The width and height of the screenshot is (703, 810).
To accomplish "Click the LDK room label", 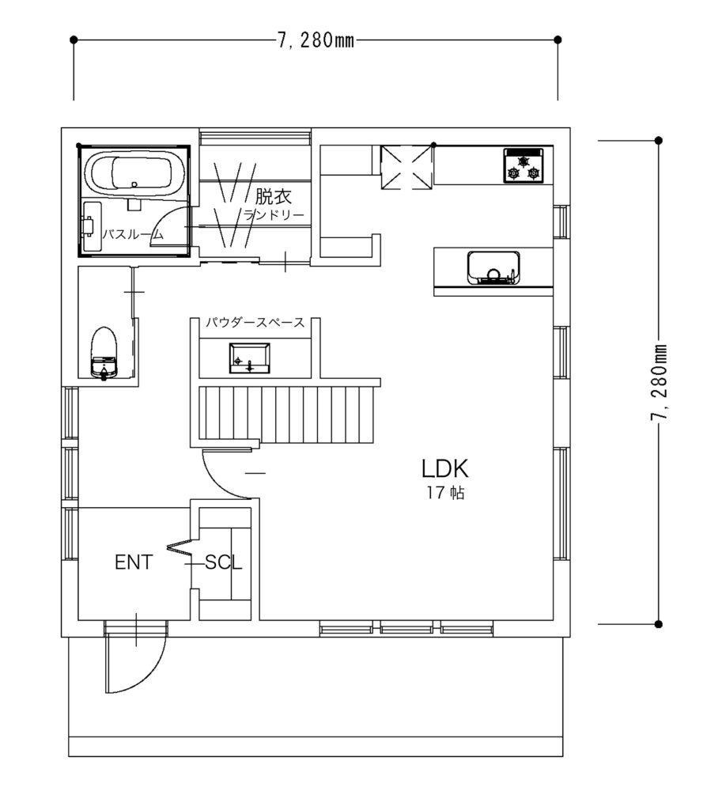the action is pyautogui.click(x=444, y=468).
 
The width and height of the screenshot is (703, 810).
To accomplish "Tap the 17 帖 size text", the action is pyautogui.click(x=445, y=493).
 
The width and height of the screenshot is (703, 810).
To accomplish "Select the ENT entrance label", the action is pyautogui.click(x=134, y=562).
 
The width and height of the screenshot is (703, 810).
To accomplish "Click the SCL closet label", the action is pyautogui.click(x=223, y=562).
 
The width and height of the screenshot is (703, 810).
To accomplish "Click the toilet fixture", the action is pyautogui.click(x=104, y=354).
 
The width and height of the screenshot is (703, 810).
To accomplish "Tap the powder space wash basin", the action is pyautogui.click(x=249, y=358).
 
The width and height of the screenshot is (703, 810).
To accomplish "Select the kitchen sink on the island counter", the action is pyautogui.click(x=493, y=268).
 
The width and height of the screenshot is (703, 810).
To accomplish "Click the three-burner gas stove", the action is pyautogui.click(x=523, y=165).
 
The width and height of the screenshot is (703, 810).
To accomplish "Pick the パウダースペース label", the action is pyautogui.click(x=255, y=323).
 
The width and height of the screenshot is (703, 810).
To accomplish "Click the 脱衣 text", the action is pyautogui.click(x=274, y=196).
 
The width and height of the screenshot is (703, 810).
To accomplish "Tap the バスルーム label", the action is pyautogui.click(x=133, y=234).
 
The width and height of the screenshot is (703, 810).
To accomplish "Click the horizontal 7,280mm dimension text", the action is pyautogui.click(x=316, y=40).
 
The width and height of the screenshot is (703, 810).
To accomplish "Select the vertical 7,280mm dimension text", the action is pyautogui.click(x=658, y=382).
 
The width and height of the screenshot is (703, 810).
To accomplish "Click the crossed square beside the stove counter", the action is pyautogui.click(x=406, y=168).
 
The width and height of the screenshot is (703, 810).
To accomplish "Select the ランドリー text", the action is pyautogui.click(x=274, y=215).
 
